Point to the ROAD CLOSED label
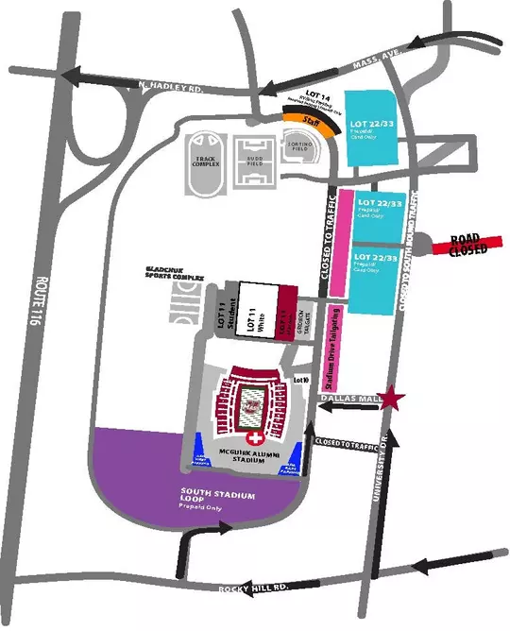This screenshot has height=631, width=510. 467,245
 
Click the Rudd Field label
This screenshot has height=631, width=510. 254,160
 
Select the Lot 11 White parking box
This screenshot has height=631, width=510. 253,311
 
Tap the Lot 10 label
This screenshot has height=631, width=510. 301,379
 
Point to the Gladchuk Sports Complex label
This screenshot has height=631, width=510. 175,274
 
